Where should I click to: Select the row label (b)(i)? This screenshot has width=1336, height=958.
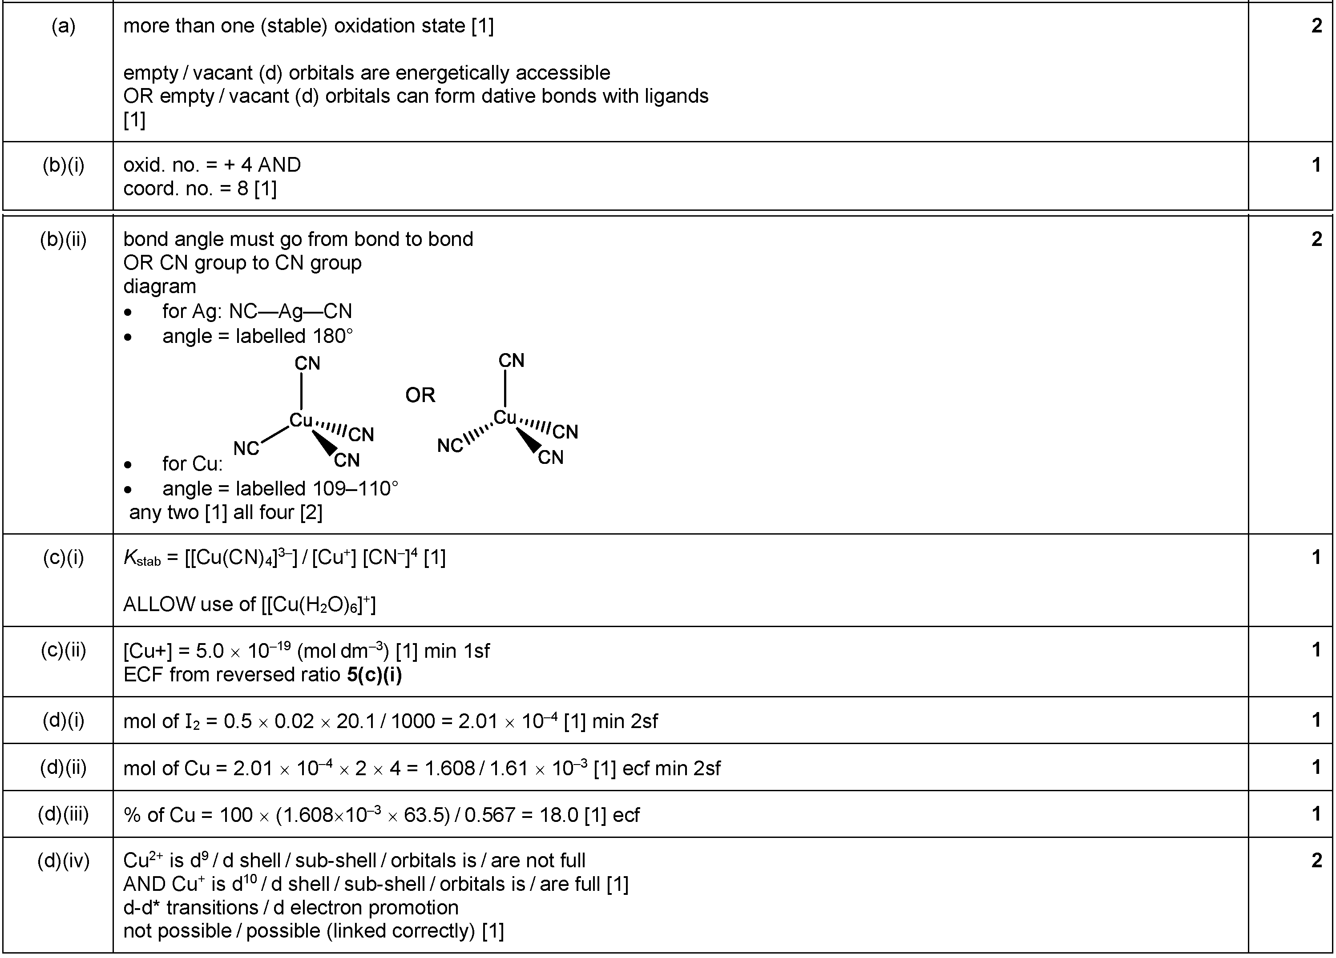pyautogui.click(x=64, y=165)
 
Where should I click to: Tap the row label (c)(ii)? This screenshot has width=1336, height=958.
pyautogui.click(x=64, y=650)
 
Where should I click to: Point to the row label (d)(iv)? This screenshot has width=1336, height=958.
pyautogui.click(x=64, y=861)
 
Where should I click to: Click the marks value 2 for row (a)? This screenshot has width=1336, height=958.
pyautogui.click(x=1316, y=26)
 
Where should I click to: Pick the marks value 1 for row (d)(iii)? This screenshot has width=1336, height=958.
pyautogui.click(x=1316, y=814)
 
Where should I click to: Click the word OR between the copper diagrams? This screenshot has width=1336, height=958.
pyautogui.click(x=420, y=395)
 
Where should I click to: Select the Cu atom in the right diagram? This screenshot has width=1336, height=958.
pyautogui.click(x=505, y=418)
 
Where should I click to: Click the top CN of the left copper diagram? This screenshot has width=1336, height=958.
pyautogui.click(x=307, y=363)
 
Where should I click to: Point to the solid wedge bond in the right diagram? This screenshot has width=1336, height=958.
pyautogui.click(x=529, y=440)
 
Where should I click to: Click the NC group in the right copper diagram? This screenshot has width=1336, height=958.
pyautogui.click(x=450, y=446)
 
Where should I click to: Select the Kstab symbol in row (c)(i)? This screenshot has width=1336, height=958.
pyautogui.click(x=142, y=558)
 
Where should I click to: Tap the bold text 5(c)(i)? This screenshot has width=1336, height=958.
pyautogui.click(x=375, y=675)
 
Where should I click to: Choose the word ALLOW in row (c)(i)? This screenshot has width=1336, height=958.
pyautogui.click(x=159, y=604)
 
